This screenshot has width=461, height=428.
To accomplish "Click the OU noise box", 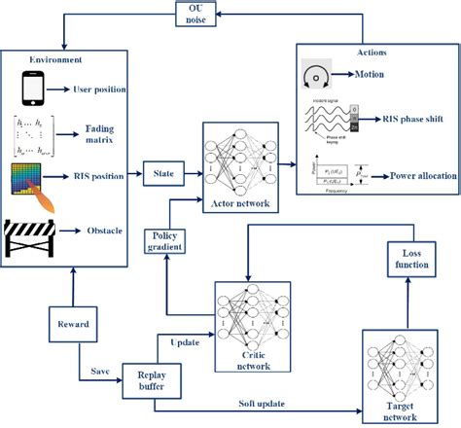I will point(191,15).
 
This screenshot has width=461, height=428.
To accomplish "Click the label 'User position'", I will point(101,90).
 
